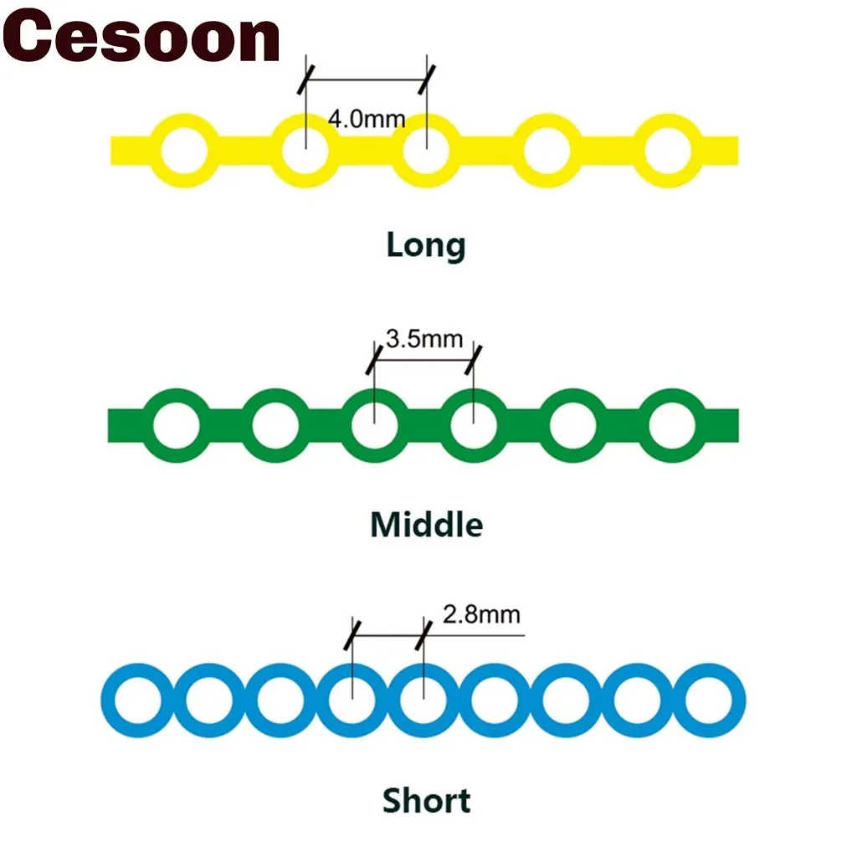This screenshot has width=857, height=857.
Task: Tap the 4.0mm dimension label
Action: tap(366, 118)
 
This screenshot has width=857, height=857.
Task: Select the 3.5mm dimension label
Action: tap(423, 339)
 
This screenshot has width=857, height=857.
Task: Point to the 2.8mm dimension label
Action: tap(481, 615)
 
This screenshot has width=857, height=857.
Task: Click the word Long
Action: tap(426, 245)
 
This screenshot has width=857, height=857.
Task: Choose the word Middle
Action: tap(426, 525)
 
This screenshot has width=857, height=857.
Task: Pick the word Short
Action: tap(426, 801)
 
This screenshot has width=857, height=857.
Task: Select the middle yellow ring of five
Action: tap(427, 152)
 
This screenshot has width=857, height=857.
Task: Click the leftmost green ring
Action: tap(177, 426)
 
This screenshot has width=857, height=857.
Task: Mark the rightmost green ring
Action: tap(671, 426)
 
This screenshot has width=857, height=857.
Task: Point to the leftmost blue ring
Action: tap(137, 700)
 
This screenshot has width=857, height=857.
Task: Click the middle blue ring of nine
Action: tap(424, 700)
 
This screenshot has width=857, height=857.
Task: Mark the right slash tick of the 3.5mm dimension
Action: tap(475, 358)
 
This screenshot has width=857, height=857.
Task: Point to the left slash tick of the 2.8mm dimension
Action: tap(353, 635)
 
